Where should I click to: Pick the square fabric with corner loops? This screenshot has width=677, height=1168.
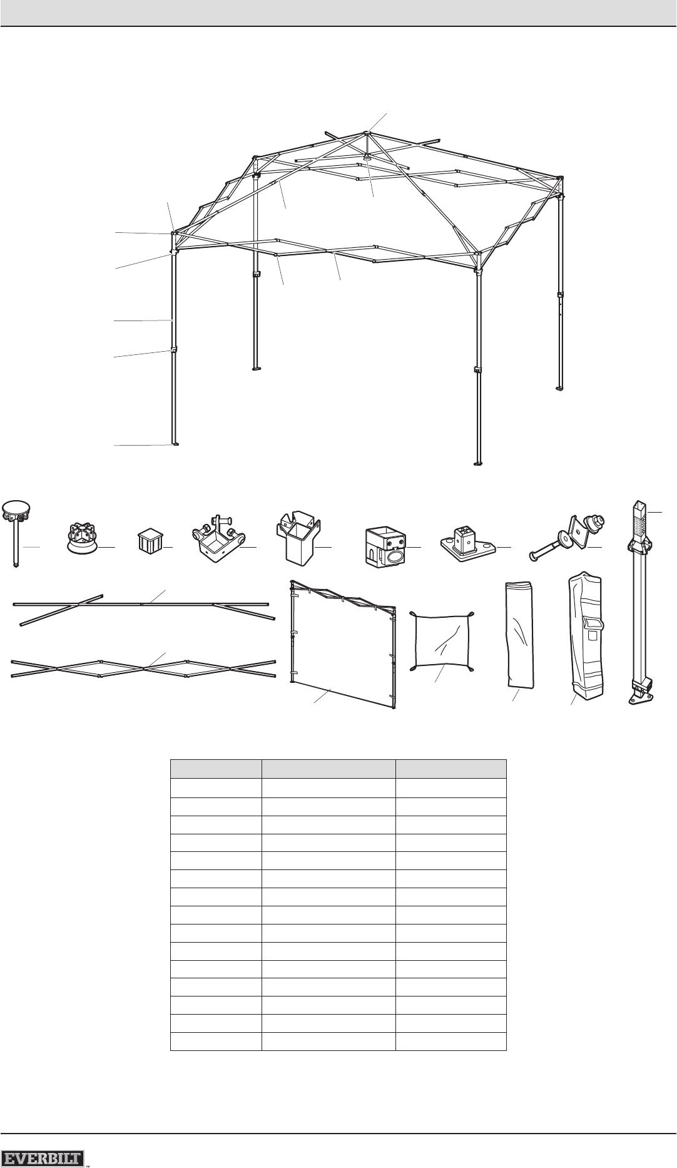click(440, 640)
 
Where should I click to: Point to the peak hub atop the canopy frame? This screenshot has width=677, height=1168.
click(365, 133)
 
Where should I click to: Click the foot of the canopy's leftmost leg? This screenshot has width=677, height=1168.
click(176, 445)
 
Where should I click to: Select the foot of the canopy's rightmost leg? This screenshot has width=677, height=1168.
click(561, 388)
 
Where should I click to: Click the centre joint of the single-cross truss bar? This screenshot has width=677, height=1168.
click(143, 604)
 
